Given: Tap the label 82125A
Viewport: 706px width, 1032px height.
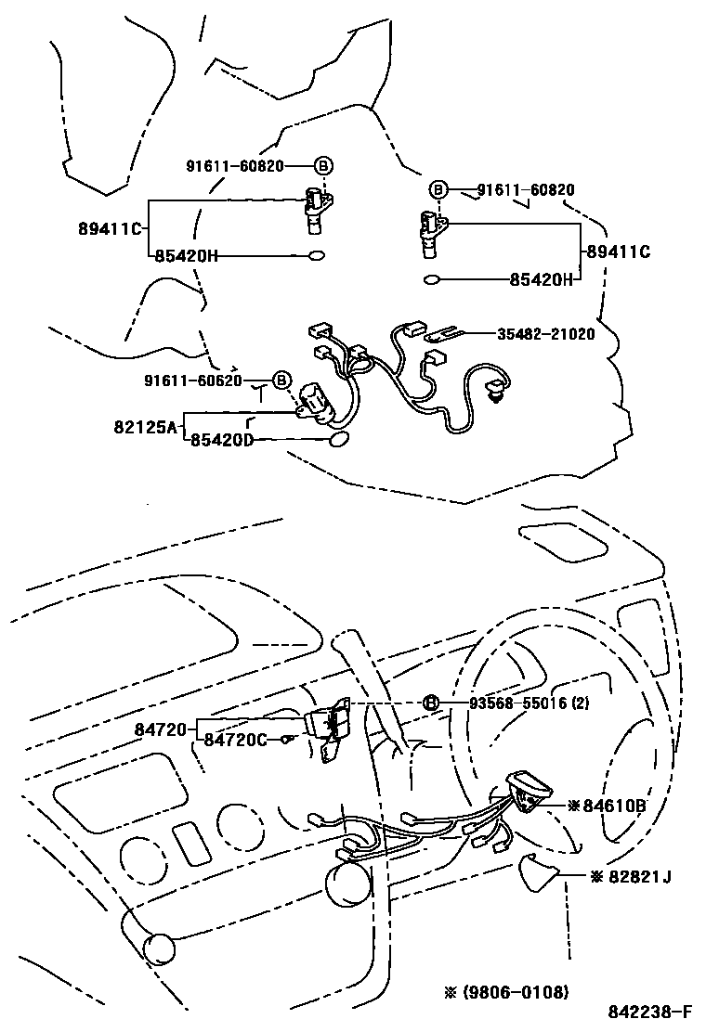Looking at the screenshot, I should tap(144, 427).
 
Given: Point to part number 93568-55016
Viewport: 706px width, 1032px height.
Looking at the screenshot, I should tap(511, 703).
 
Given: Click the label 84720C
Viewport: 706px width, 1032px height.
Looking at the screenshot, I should tap(235, 739).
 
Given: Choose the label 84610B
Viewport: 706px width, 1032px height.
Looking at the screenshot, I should tap(614, 805).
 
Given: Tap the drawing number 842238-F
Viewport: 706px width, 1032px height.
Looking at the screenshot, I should tap(650, 1013).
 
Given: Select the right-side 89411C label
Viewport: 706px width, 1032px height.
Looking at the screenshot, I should tap(617, 252).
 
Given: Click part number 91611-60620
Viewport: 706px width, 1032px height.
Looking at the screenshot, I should tap(193, 380).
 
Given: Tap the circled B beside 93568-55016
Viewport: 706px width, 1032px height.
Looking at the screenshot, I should tap(431, 703).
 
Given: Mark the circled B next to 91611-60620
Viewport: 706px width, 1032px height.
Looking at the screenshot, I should tap(281, 380).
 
